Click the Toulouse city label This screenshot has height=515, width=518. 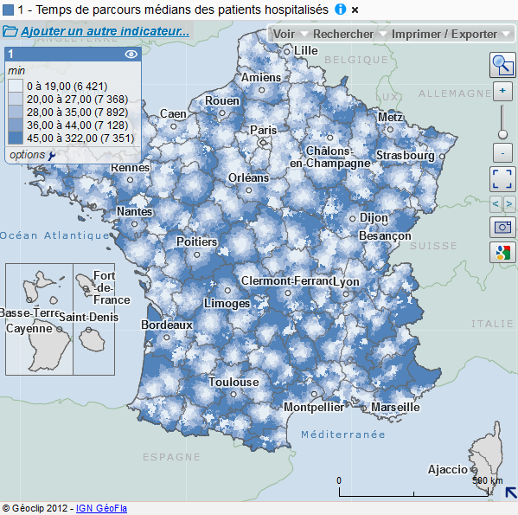(x=233, y=382)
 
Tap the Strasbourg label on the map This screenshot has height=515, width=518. (x=405, y=156)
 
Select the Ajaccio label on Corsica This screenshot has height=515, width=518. (x=447, y=470)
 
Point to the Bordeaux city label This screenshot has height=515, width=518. (x=166, y=325)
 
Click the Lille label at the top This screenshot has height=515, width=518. (x=306, y=50)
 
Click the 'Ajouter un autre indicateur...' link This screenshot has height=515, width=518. (x=105, y=32)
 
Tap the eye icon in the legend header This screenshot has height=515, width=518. (x=131, y=54)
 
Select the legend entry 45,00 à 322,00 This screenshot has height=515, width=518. (x=68, y=138)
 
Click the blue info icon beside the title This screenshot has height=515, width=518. (x=340, y=10)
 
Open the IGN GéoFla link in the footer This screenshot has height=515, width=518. (x=101, y=508)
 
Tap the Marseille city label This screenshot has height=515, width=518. (x=395, y=407)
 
